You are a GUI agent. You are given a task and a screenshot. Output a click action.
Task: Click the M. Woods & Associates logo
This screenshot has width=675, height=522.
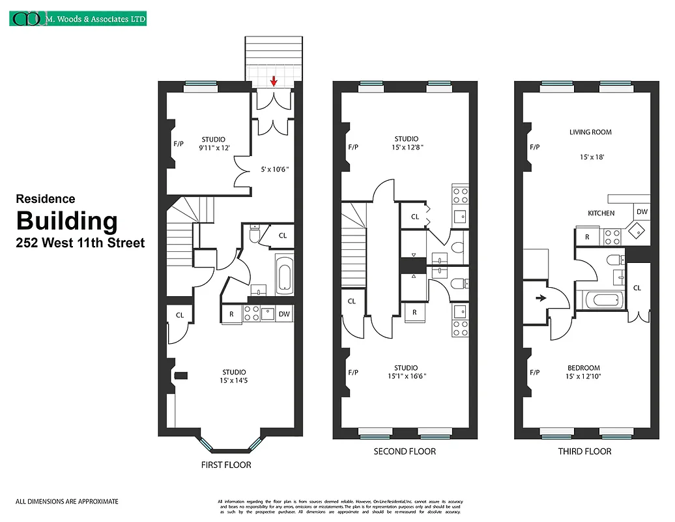coord(78,19)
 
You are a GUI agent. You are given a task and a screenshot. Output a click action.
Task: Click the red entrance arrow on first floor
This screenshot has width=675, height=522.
coord(274,82)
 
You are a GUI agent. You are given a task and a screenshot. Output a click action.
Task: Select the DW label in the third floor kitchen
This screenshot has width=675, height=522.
coord(641,212)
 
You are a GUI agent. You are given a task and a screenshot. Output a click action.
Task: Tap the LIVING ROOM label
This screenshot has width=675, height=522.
coord(590,132)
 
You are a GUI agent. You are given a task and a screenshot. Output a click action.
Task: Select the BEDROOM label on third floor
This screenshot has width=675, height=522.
coord(584,368)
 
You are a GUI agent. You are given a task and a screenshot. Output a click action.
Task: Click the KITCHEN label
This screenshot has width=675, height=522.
coord(601,213)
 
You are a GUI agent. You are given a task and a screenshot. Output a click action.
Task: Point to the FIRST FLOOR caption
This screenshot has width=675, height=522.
coord(226,465)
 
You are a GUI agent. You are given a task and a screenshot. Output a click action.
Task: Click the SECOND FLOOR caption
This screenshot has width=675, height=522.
coord(405,452)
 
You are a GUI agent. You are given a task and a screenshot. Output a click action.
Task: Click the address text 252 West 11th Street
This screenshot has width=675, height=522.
coord(80,243)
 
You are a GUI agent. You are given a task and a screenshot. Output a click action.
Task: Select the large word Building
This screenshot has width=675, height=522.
coord(66,221)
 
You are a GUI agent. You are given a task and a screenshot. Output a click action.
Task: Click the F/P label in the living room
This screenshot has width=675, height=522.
coord(535,147)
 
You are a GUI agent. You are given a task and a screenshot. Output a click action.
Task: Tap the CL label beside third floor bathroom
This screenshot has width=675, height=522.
coord(637,288)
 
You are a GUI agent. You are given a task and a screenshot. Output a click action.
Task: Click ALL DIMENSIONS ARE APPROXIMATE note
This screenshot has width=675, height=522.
coord(67,501)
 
